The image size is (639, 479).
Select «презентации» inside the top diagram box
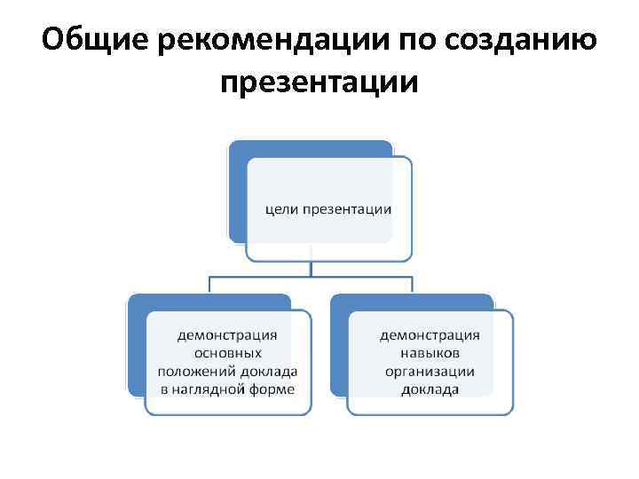click(347, 209)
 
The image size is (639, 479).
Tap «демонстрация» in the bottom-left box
click(228, 335)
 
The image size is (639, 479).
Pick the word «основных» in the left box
click(228, 353)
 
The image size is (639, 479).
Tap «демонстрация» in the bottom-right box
click(430, 335)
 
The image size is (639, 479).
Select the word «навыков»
click(430, 353)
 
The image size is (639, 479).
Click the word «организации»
click(430, 371)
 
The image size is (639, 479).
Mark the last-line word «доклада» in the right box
click(430, 389)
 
